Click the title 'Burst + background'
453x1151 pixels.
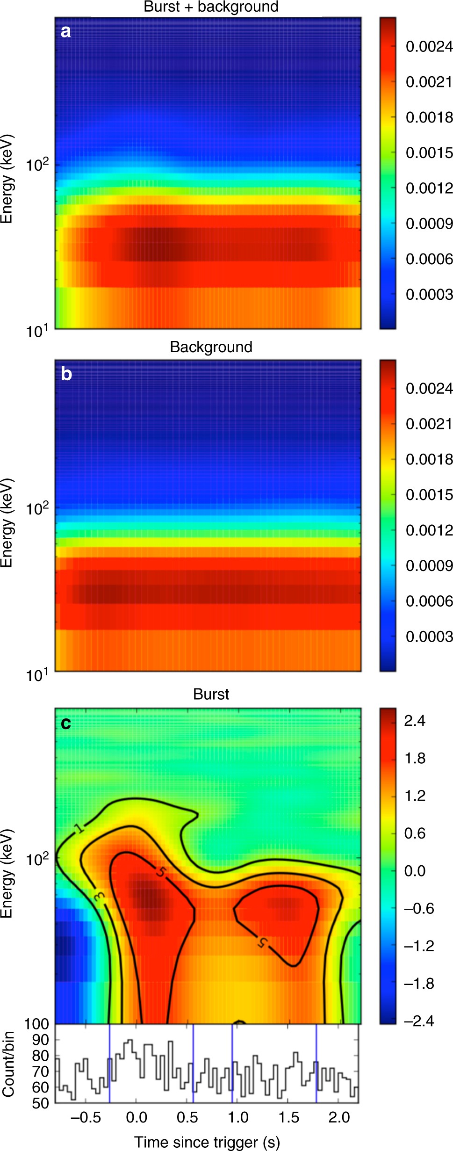tap(211, 7)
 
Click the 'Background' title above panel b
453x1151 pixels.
tap(211, 347)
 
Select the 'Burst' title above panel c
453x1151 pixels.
tap(211, 694)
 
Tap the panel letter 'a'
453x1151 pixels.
tap(65, 31)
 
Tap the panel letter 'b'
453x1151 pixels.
tap(66, 374)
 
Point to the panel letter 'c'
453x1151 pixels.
tap(66, 723)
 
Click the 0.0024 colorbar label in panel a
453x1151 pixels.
tap(429, 46)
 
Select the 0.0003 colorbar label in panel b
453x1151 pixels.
tap(429, 637)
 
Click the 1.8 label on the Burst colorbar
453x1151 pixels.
tap(415, 758)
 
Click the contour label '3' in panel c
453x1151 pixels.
tap(99, 896)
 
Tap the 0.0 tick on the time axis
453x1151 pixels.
tap(137, 1117)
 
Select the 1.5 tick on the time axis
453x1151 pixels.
tap(289, 1117)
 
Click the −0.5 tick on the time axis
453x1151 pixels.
tap(86, 1117)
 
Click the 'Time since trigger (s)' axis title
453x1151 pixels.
tap(207, 1142)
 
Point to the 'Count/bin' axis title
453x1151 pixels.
tap(8, 1064)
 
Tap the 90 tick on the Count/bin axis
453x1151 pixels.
tap(40, 1040)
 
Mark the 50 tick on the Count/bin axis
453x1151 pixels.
tap(40, 1103)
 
